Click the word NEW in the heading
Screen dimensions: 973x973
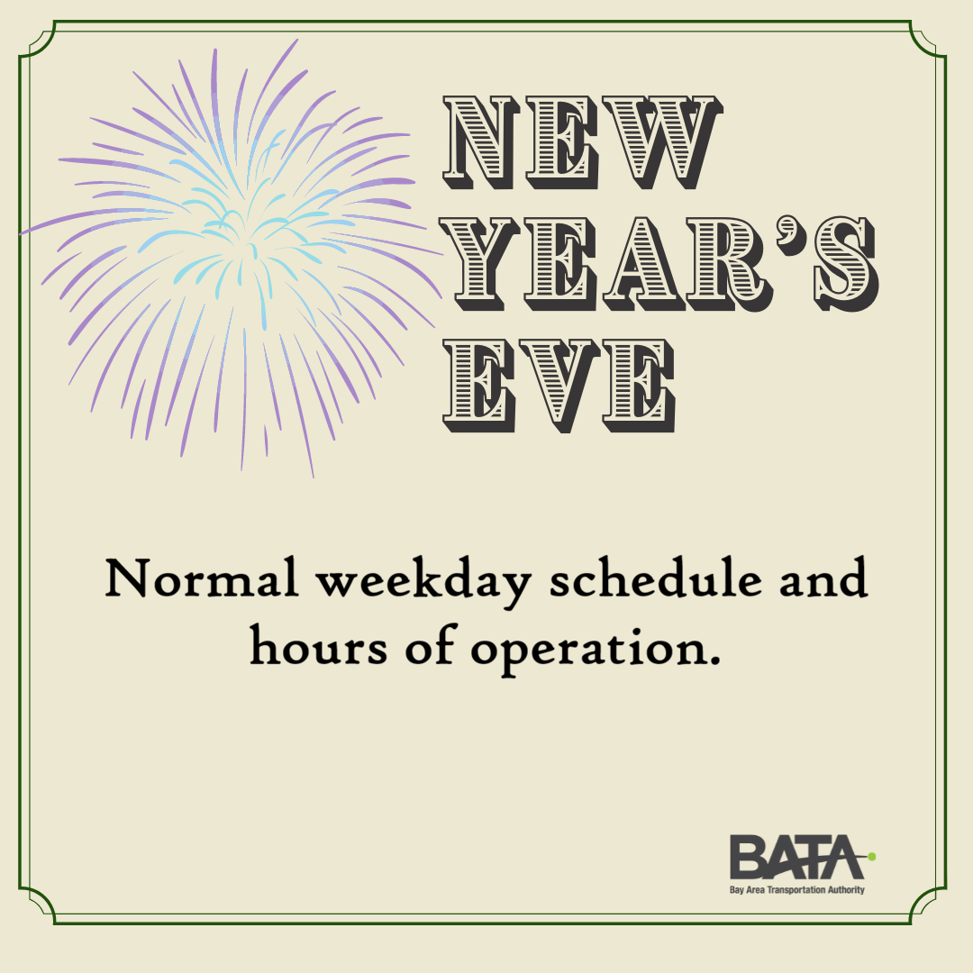(582, 142)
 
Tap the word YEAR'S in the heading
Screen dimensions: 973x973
(659, 263)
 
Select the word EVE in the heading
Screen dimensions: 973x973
(559, 386)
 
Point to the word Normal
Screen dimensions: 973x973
(201, 577)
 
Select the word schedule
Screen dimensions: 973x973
(655, 577)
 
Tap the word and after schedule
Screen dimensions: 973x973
(823, 577)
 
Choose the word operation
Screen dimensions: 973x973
(587, 651)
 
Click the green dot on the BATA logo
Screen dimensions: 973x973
(871, 857)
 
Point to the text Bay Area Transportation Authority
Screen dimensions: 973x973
(796, 890)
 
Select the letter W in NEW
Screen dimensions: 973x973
(661, 142)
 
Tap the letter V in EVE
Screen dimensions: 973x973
(559, 386)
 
